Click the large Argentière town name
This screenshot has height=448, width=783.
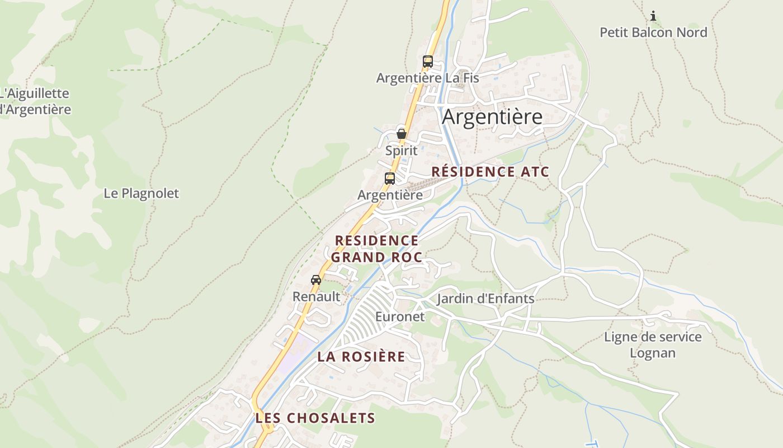click(492, 117)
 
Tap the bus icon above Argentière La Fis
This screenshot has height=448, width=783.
click(428, 62)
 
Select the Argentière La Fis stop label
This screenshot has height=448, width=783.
click(427, 78)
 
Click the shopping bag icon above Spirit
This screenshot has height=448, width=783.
click(401, 133)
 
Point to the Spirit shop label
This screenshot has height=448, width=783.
click(401, 151)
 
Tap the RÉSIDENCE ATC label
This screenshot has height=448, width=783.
click(490, 172)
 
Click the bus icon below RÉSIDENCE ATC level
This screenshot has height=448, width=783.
click(390, 179)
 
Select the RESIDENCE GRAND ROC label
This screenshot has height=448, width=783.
click(376, 249)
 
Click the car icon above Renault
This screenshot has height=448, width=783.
click(316, 279)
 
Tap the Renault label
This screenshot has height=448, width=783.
click(316, 297)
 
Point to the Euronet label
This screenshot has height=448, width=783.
click(399, 317)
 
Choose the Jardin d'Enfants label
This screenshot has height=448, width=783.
click(485, 298)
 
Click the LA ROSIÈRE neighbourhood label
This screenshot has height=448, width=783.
click(361, 357)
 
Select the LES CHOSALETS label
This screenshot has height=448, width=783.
click(315, 418)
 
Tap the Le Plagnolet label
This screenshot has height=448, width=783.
click(141, 194)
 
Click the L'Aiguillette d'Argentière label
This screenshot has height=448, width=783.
click(35, 101)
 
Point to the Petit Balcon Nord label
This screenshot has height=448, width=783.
click(653, 32)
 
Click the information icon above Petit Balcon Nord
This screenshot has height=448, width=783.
click(653, 16)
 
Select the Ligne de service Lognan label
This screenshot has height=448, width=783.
click(653, 345)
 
